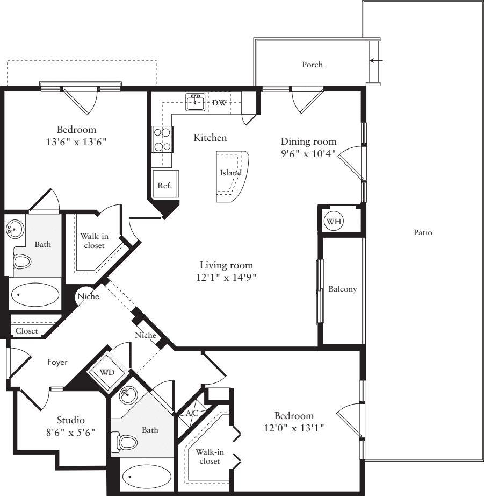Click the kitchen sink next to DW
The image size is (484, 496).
[x=196, y=102]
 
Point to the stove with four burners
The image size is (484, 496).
[x=162, y=139]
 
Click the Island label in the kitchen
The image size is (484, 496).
[x=230, y=173]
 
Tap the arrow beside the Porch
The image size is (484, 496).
[x=377, y=61]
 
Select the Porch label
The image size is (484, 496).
[x=312, y=65]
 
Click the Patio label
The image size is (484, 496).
[x=423, y=233]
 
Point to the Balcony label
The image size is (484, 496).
[x=342, y=289]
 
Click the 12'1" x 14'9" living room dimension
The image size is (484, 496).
[x=226, y=278]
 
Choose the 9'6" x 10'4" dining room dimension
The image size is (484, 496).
[x=308, y=154]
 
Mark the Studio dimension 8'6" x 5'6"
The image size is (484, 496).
[x=71, y=431]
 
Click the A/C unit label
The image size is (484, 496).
[x=192, y=413]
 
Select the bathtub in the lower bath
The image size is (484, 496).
[x=147, y=477]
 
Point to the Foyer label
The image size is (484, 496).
[x=57, y=363]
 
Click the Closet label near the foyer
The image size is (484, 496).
[x=26, y=331]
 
